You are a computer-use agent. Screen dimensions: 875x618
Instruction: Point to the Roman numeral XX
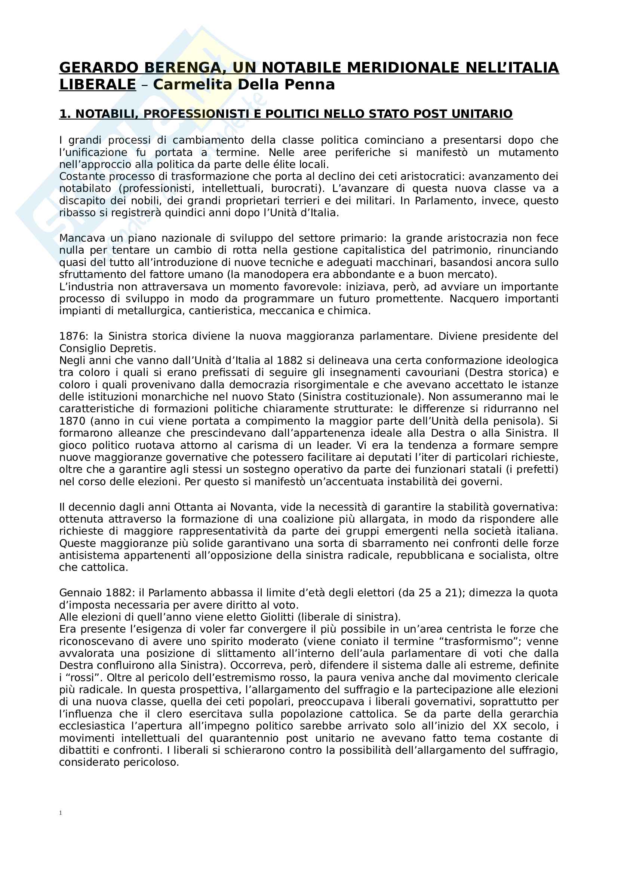499,726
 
